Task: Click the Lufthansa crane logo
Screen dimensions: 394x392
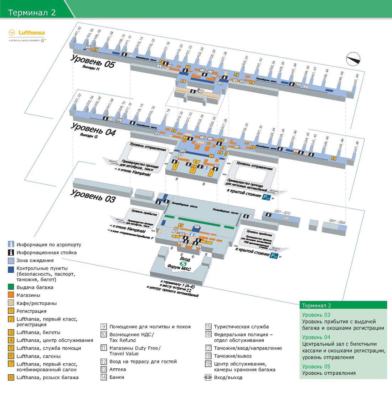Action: click(x=12, y=33)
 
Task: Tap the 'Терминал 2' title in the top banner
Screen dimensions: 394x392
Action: click(x=32, y=12)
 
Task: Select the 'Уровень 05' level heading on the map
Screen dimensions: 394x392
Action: click(x=93, y=61)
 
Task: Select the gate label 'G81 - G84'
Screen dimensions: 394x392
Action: click(x=337, y=222)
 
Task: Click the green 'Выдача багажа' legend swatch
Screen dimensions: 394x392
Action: click(x=11, y=287)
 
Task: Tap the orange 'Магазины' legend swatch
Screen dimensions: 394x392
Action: click(x=11, y=295)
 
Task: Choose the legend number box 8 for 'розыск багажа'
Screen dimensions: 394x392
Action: click(x=11, y=377)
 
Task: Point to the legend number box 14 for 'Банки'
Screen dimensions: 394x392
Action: click(x=104, y=377)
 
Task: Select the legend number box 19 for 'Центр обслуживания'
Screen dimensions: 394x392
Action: click(x=208, y=364)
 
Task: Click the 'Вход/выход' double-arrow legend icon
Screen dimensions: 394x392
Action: click(x=208, y=377)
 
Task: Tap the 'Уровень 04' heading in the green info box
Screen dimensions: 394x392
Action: click(x=316, y=337)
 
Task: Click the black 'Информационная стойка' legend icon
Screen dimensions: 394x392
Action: click(x=11, y=252)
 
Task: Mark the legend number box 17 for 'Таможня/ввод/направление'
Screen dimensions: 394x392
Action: click(x=208, y=348)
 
